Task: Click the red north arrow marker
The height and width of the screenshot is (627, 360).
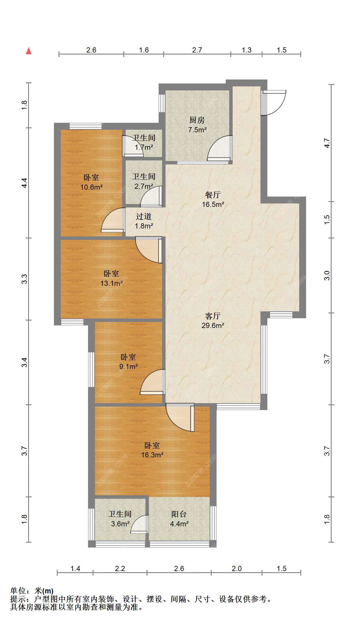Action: (29, 51)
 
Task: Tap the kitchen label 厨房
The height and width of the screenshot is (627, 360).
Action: (197, 120)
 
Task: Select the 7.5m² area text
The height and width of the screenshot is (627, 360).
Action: (197, 130)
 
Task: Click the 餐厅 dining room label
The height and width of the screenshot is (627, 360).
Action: (213, 195)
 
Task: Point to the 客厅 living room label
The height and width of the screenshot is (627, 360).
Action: (213, 316)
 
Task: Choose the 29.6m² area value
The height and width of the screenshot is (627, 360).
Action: (213, 326)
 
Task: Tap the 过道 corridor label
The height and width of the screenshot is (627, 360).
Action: (144, 216)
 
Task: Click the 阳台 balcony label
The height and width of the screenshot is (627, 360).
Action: (179, 514)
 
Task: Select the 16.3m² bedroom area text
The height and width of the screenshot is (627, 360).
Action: (152, 455)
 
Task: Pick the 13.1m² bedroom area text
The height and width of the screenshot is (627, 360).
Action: (111, 284)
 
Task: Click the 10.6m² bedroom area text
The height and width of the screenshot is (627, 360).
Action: (91, 187)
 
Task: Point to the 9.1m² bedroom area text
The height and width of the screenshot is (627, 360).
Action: (129, 366)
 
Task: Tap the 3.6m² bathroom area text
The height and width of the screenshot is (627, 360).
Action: (120, 524)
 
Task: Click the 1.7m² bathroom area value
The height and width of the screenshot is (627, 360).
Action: (144, 148)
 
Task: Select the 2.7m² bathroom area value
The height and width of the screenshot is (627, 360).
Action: (144, 186)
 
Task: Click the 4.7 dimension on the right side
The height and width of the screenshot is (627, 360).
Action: (327, 143)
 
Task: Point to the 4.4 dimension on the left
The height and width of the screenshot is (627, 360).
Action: (25, 183)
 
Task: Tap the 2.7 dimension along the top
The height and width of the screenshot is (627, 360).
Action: (197, 50)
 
